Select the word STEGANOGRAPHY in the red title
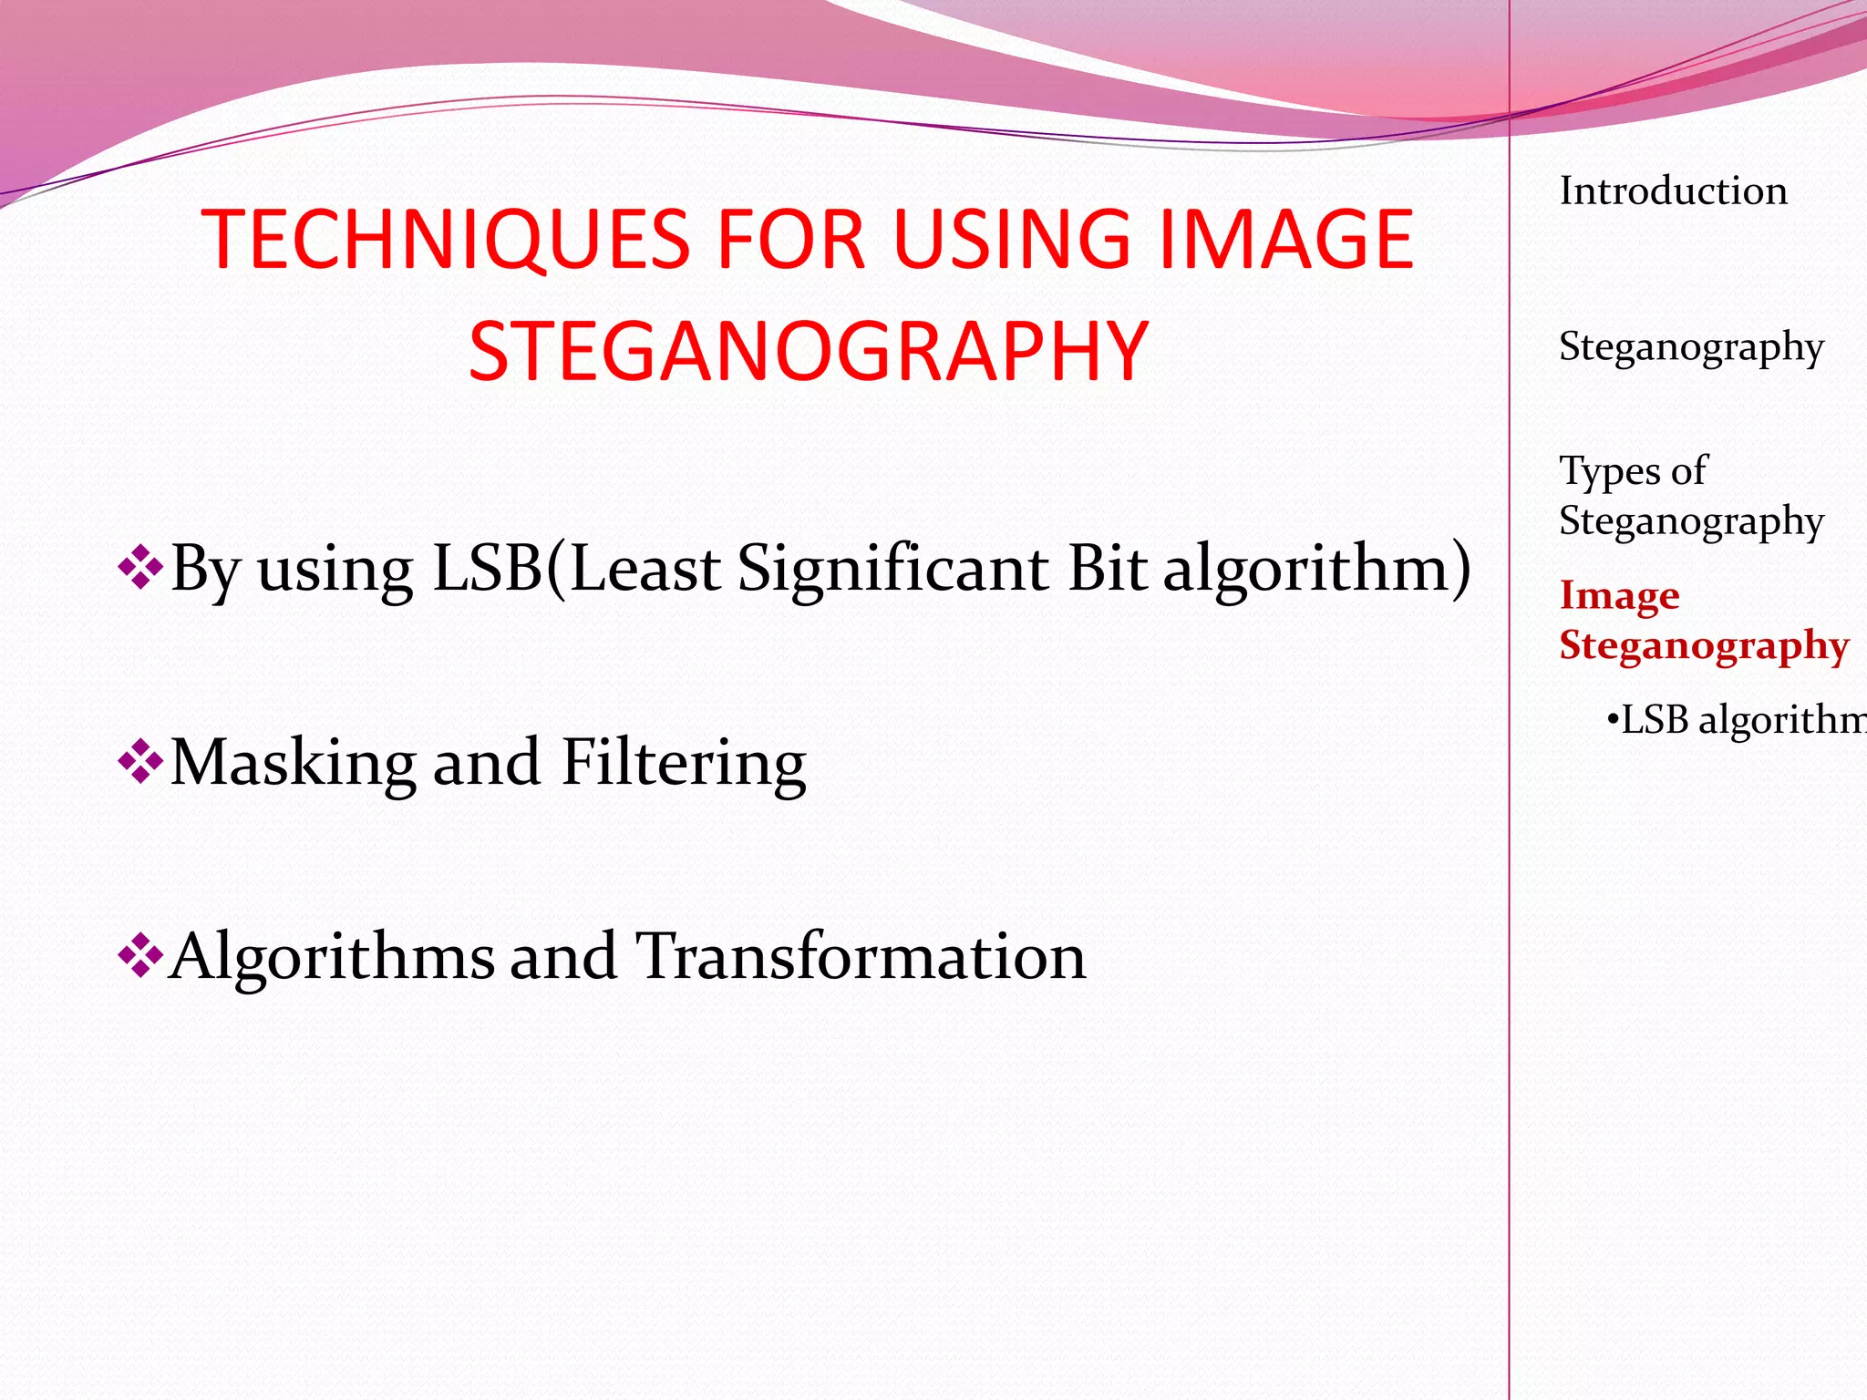[808, 351]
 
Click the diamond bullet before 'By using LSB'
[139, 567]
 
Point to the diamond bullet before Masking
[139, 761]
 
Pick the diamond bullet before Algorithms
[139, 955]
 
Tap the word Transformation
[860, 956]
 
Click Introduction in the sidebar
[1673, 191]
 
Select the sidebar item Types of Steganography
[1690, 496]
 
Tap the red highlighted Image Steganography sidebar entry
[1703, 620]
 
